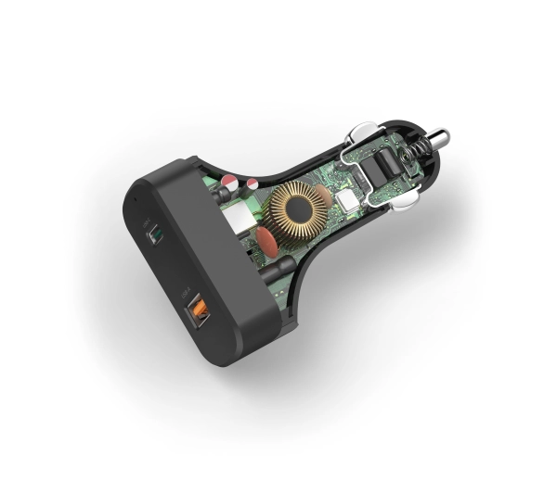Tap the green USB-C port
pos(154,234)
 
